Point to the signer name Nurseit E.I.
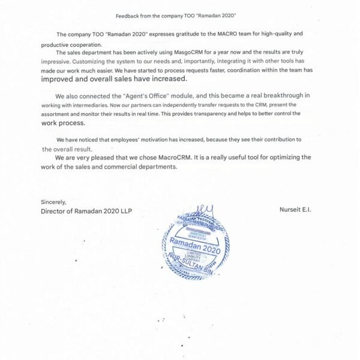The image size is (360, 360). [x=296, y=210]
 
